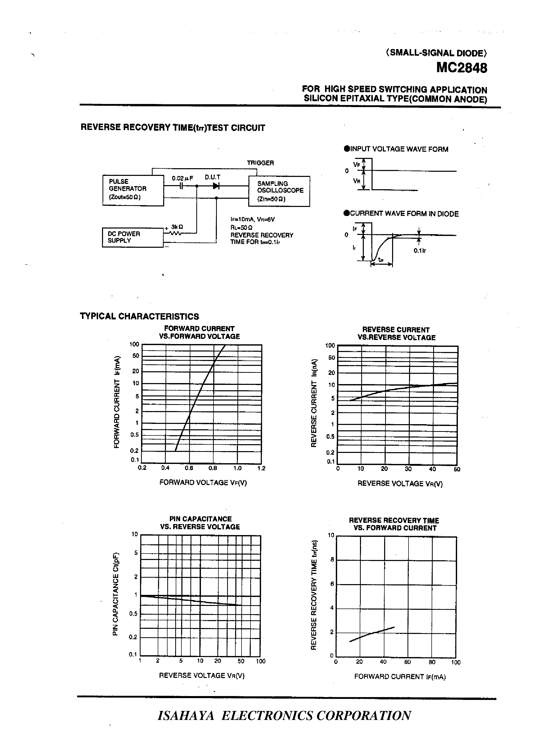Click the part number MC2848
(461, 68)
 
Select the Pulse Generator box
(133, 191)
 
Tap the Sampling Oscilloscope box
(279, 191)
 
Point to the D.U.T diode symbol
(216, 186)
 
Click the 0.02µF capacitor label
(182, 178)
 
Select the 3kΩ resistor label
(177, 227)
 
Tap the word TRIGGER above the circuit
(261, 163)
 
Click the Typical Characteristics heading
(140, 316)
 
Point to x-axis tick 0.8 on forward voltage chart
(213, 468)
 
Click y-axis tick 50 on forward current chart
(135, 356)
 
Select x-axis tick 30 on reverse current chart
(408, 469)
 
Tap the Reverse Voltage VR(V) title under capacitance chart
(201, 676)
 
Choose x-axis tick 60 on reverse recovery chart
(408, 662)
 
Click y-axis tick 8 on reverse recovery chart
(332, 560)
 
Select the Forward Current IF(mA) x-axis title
(400, 677)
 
